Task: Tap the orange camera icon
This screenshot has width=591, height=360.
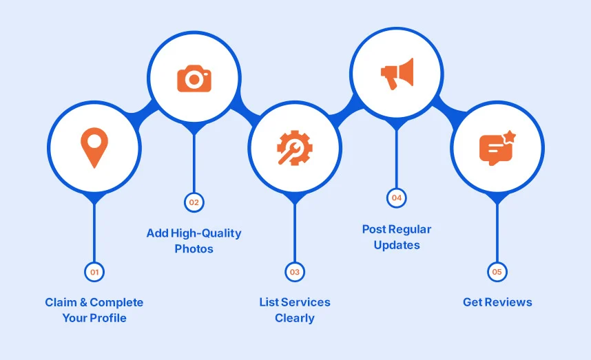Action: coord(194,78)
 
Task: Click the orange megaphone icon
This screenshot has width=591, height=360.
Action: coord(397,73)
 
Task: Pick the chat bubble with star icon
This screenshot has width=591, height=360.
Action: coord(497,147)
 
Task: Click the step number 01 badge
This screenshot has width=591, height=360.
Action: coord(94,272)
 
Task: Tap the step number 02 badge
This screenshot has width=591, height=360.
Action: coord(194,202)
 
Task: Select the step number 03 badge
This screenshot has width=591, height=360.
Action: coord(295,272)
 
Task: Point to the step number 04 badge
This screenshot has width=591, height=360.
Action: coord(396,198)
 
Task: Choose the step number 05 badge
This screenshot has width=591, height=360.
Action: coord(497,272)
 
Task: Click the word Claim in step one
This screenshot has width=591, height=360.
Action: coord(60,302)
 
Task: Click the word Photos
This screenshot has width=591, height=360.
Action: coord(194,248)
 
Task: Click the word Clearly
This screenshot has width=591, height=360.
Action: coord(295,318)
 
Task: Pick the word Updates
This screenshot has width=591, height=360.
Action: coord(397,245)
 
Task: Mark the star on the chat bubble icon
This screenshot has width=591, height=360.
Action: coord(509,136)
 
